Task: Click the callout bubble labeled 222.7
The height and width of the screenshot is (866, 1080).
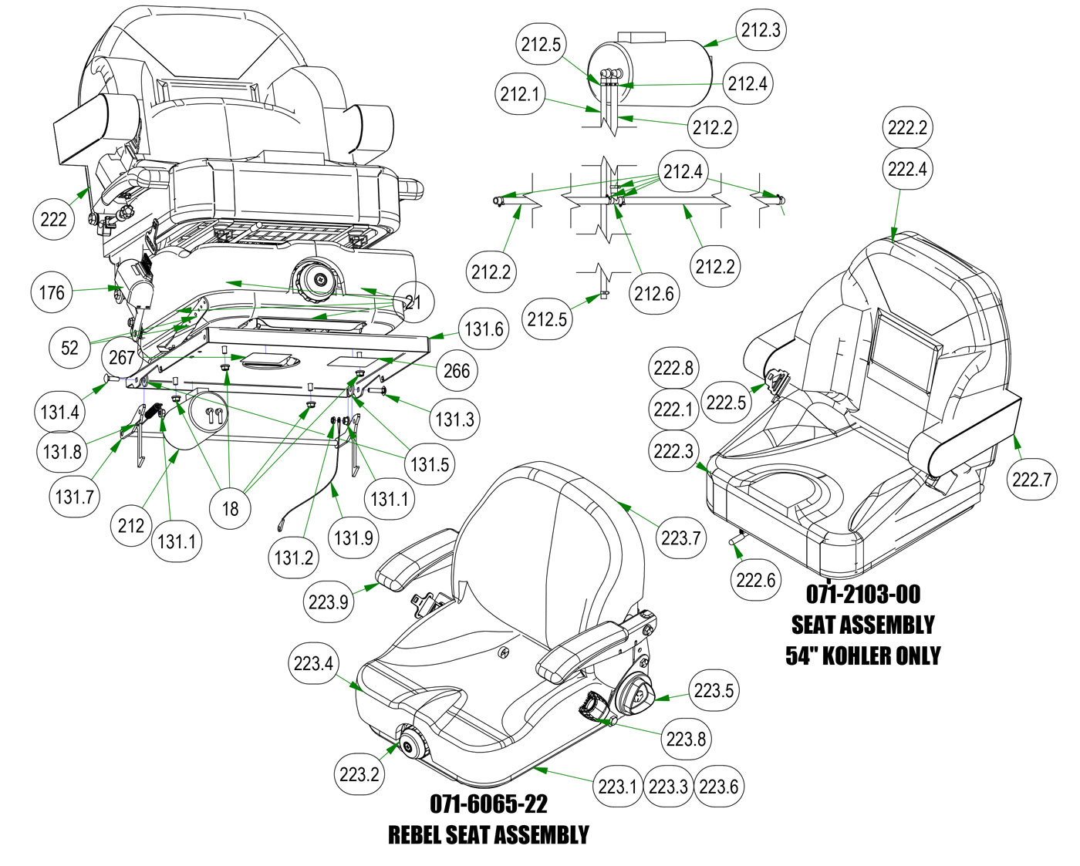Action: (x=1031, y=480)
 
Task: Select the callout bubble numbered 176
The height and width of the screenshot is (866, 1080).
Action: (x=52, y=292)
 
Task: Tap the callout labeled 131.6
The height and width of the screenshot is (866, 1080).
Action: (x=484, y=329)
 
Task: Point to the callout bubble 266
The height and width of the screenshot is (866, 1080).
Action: (x=457, y=371)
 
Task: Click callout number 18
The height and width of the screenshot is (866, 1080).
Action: (x=231, y=508)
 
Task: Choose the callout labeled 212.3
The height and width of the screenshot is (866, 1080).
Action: (x=761, y=30)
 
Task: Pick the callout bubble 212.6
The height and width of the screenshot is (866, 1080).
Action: (x=654, y=294)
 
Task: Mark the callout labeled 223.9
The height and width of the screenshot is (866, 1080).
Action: (x=328, y=601)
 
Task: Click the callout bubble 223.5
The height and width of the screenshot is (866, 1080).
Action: (x=714, y=690)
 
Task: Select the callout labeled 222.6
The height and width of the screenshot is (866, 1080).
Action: (x=755, y=580)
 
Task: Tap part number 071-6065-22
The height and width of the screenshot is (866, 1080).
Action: (x=488, y=804)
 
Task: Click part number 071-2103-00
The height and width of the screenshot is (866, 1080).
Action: (x=863, y=595)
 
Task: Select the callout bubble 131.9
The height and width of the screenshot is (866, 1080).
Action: (x=353, y=537)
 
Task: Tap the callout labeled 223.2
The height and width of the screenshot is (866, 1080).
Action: (x=359, y=774)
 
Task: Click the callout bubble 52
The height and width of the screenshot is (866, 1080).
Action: (x=69, y=348)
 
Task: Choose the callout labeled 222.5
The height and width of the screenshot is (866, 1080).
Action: (x=726, y=403)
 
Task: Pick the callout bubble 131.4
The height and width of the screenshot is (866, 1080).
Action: (x=59, y=413)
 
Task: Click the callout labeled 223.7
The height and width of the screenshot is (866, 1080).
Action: (x=680, y=538)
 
